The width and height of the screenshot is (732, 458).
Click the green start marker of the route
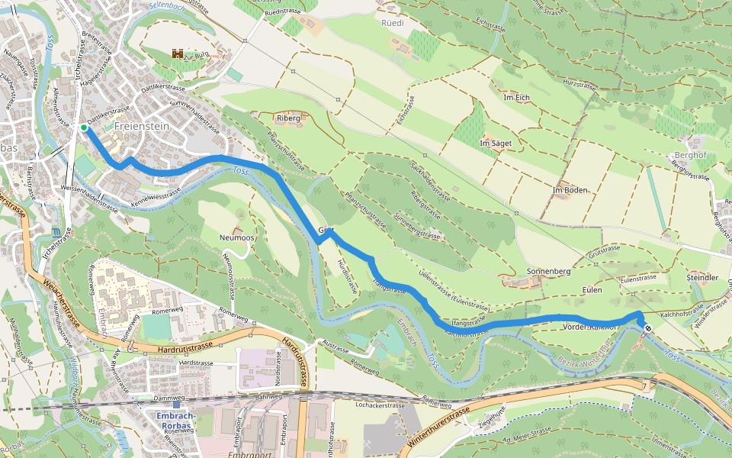click(83, 128)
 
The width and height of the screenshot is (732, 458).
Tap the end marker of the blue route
click(647, 328)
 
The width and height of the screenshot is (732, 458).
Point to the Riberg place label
click(289, 118)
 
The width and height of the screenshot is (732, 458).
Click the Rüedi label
click(392, 23)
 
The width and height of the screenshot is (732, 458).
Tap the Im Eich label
click(516, 97)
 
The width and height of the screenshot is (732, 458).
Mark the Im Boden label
click(570, 189)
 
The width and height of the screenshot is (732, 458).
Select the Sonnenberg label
click(549, 272)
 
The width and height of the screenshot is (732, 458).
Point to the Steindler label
click(701, 277)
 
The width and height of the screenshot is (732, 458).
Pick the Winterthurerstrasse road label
click(438, 427)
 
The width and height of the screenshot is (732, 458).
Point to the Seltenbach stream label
click(167, 5)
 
